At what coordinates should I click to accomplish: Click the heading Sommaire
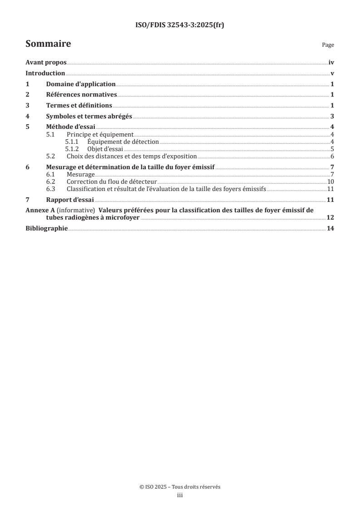(48, 44)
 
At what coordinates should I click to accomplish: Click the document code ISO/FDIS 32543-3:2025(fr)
(180, 25)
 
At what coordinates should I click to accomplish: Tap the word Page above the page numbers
(328, 45)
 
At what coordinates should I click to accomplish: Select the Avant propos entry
(46, 63)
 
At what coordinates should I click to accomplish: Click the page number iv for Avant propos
(331, 63)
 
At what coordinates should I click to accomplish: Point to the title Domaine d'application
(81, 84)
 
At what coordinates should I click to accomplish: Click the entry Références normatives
(82, 95)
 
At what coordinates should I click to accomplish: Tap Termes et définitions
(79, 105)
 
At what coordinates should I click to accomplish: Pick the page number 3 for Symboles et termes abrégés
(332, 116)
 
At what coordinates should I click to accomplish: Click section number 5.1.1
(72, 142)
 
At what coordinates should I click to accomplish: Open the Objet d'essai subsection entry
(105, 149)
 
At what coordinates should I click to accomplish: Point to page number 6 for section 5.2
(332, 156)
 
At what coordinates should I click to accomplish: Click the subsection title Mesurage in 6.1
(80, 174)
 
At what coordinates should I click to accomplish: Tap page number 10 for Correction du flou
(330, 181)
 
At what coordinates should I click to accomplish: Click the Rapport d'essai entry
(69, 200)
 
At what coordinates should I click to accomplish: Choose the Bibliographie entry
(47, 229)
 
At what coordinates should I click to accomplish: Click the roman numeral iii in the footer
(180, 495)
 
